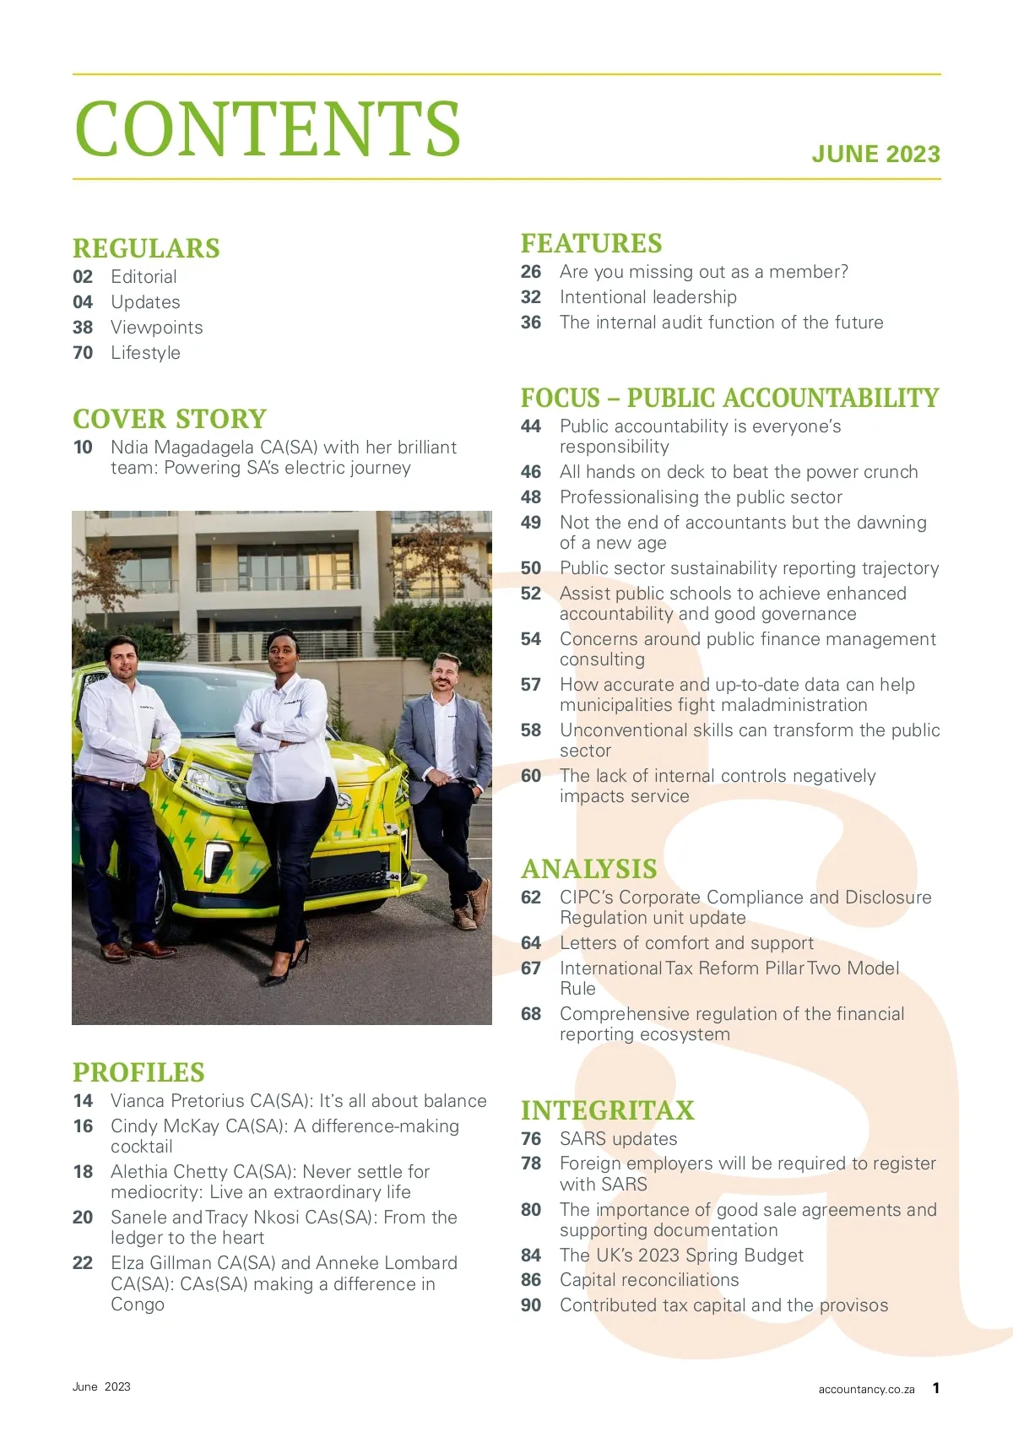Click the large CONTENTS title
pos(267,128)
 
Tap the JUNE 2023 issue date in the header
pos(875,155)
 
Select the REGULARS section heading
pos(146,248)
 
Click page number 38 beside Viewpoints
pos(83,328)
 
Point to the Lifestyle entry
pos(145,353)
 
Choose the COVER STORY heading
pos(170,419)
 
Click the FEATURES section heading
pos(591,243)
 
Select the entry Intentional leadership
pos(647,297)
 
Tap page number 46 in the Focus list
pos(531,472)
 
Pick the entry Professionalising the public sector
pos(701,497)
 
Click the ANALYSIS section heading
pos(589,869)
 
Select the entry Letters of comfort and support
pos(686,943)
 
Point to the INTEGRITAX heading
pos(608,1110)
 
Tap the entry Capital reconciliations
pos(649,1280)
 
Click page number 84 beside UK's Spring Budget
pos(531,1256)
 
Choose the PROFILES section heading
pos(138,1072)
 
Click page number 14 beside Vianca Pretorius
pos(83,1101)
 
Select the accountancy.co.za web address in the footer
pos(866,1389)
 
